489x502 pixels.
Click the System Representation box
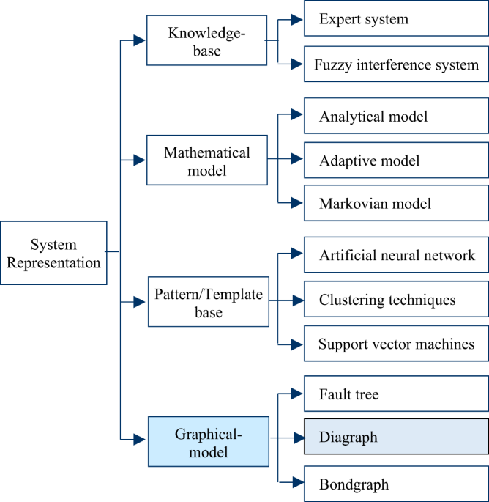point(54,253)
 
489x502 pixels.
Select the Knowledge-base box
point(206,41)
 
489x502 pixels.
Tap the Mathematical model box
point(206,160)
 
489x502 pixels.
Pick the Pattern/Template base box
point(208,300)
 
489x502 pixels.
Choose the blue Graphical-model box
point(208,441)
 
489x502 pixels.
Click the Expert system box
point(395,20)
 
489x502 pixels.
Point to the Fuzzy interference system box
point(395,66)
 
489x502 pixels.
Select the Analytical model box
point(395,117)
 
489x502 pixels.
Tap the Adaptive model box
point(395,160)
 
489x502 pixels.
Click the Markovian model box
point(395,203)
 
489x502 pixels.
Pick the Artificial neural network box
point(395,256)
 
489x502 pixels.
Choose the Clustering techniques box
point(395,300)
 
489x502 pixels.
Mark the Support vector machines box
point(395,344)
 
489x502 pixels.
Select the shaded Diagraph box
point(395,438)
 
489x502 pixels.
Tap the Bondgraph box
point(395,484)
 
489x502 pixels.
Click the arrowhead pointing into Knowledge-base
point(139,41)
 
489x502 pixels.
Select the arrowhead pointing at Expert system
point(296,20)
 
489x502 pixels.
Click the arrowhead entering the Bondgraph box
point(296,482)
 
